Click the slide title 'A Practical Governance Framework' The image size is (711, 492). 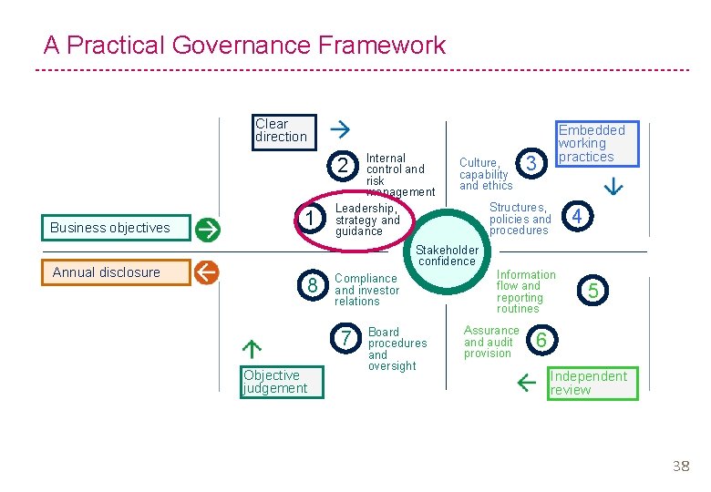[x=244, y=45]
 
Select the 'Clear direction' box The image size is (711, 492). [x=283, y=131]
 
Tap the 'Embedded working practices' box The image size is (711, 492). [x=597, y=144]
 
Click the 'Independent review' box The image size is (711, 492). [x=592, y=383]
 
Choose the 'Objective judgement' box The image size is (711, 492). [x=274, y=382]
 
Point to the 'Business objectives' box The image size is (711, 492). [x=116, y=228]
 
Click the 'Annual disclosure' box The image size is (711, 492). [x=116, y=272]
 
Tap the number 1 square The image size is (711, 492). [x=312, y=219]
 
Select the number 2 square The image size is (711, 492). [x=342, y=166]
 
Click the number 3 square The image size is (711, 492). [x=531, y=162]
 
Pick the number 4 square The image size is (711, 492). [x=577, y=217]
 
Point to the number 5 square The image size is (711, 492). [x=593, y=291]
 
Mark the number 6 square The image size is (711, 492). [x=541, y=340]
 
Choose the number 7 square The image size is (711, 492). [x=346, y=339]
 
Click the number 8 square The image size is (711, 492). [x=313, y=286]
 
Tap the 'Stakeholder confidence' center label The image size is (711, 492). [x=447, y=255]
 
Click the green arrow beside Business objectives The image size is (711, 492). [x=207, y=228]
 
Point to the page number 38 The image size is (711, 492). [x=680, y=466]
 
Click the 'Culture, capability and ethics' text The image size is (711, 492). [x=485, y=173]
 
